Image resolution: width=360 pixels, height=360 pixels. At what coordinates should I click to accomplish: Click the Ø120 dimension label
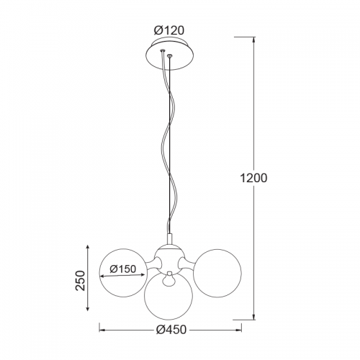click(x=169, y=30)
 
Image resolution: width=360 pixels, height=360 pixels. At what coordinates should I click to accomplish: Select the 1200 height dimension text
click(x=253, y=178)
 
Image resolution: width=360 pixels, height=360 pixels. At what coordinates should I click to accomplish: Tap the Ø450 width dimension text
click(x=171, y=330)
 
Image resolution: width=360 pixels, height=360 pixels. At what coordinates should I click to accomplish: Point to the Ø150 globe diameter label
click(x=123, y=269)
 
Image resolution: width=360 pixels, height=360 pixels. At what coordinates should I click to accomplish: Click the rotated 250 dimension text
click(x=81, y=281)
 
